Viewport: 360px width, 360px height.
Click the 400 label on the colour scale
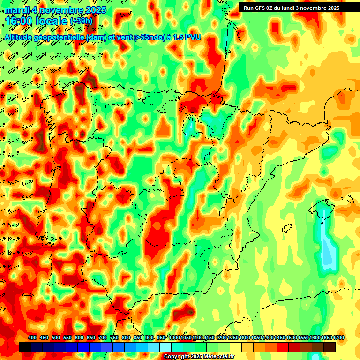(x=32, y=337)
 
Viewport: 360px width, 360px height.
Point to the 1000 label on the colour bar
(x=174, y=337)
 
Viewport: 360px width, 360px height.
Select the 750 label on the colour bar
(x=114, y=337)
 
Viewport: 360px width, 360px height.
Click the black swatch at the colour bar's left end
(x=25, y=347)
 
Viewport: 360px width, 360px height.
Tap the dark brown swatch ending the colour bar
(x=330, y=347)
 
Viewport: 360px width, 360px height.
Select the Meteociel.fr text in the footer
(x=218, y=357)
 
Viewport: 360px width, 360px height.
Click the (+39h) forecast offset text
(x=81, y=22)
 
